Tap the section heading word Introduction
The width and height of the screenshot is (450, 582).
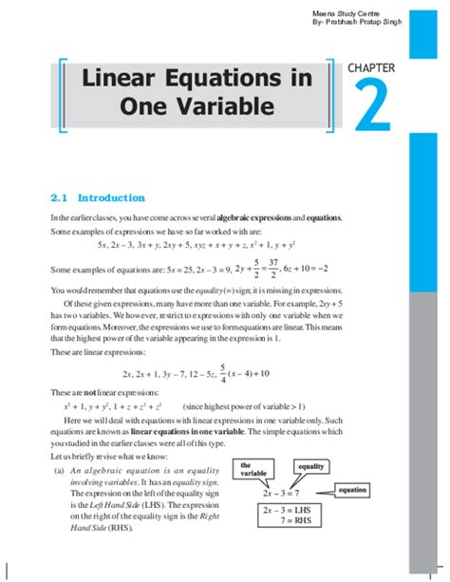111,198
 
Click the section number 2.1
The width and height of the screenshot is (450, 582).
60,198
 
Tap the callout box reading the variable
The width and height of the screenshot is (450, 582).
253,468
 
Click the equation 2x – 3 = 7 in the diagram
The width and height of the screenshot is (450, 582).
283,495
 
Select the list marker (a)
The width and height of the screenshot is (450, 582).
59,469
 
